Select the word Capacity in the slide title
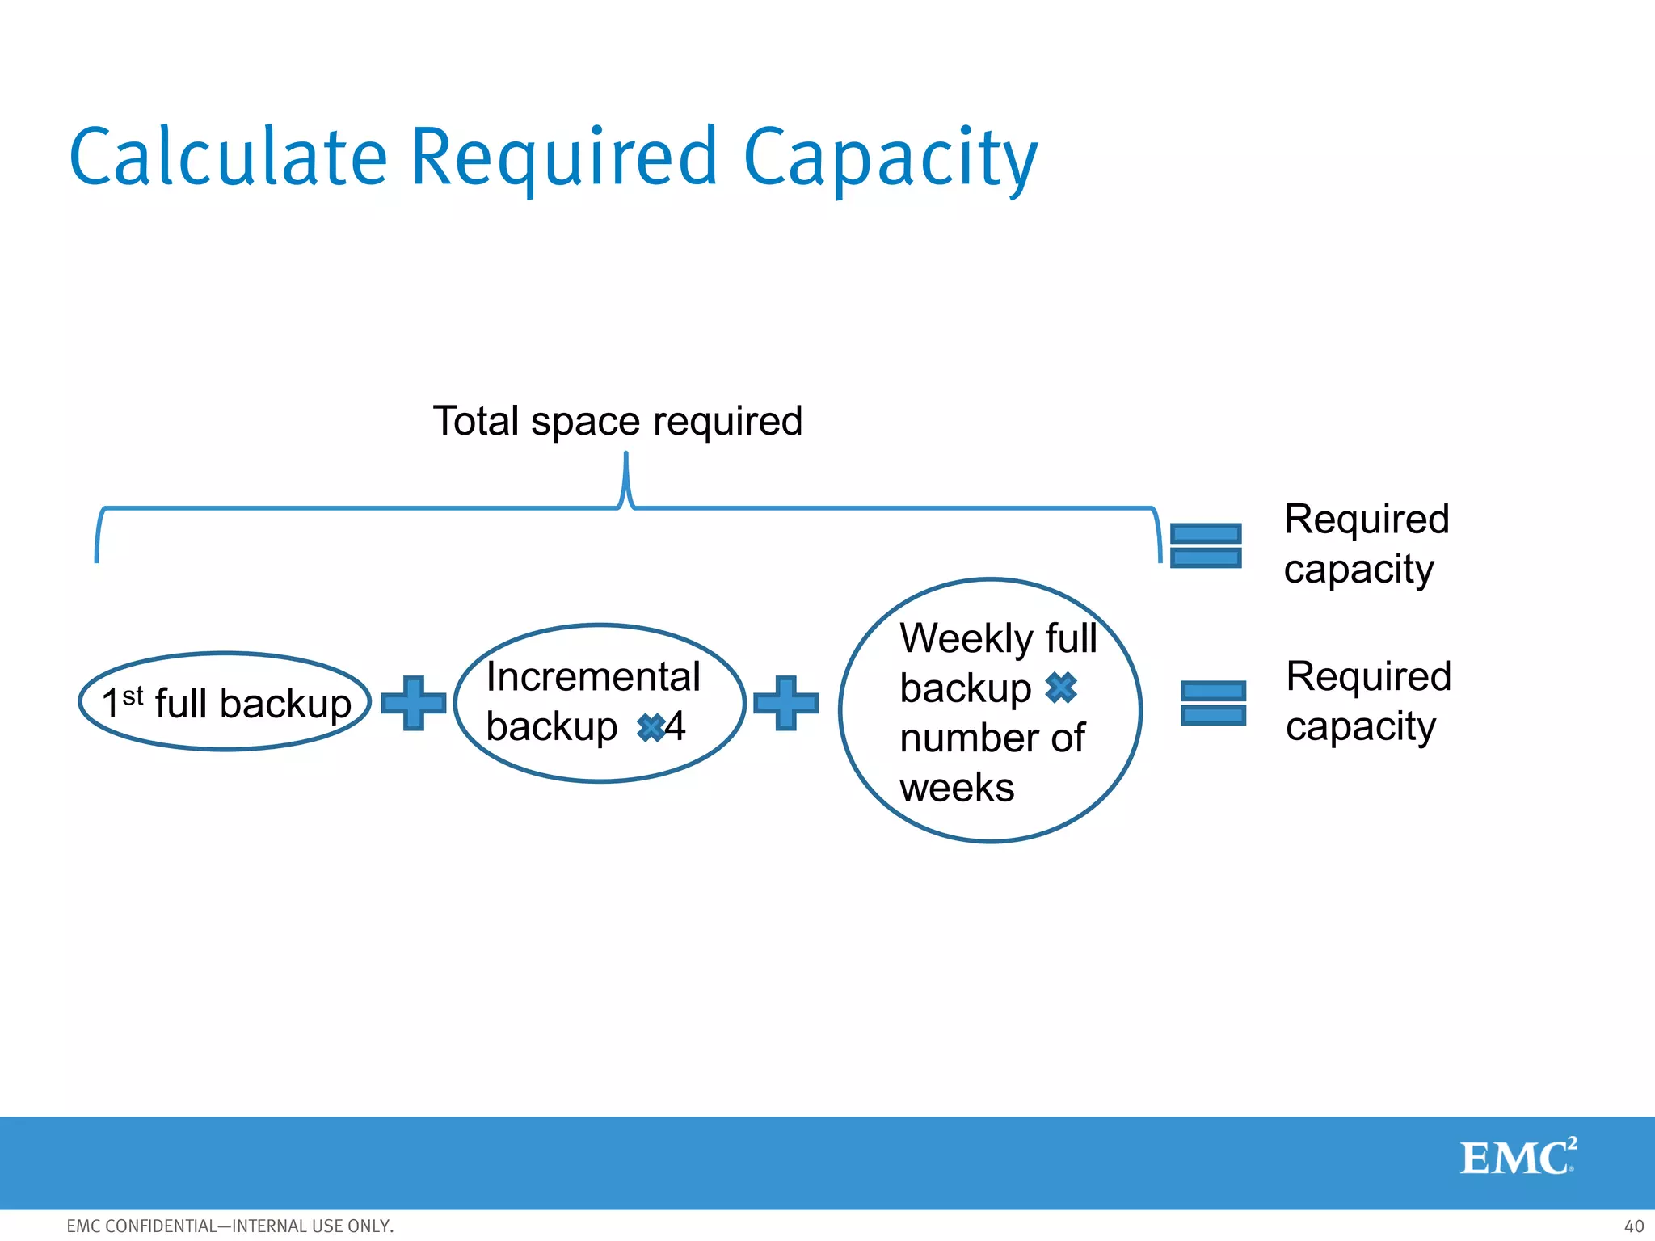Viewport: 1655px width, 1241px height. pos(890,158)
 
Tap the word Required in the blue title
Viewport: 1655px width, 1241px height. pos(564,158)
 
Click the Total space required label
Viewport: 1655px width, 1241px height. pos(617,421)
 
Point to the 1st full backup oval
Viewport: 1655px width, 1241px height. pos(225,702)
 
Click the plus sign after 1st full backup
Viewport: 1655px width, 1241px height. pos(413,703)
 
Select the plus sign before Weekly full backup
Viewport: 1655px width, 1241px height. pos(785,703)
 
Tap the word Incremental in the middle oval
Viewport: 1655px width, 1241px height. pos(593,676)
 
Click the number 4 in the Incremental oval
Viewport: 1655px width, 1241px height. pos(676,726)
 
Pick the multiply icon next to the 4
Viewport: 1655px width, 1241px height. pos(651,727)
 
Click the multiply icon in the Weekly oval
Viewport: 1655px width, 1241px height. pos(1061,688)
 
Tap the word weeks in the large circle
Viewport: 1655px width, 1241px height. pos(957,788)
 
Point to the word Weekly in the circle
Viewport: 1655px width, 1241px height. pos(966,638)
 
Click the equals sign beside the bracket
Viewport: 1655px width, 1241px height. pos(1206,545)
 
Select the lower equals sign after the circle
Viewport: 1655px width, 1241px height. pos(1213,703)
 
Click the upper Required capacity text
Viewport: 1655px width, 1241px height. pos(1366,544)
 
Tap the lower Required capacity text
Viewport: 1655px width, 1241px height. pos(1368,701)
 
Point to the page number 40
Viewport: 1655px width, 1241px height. pos(1633,1226)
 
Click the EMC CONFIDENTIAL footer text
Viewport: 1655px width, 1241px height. pos(230,1226)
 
